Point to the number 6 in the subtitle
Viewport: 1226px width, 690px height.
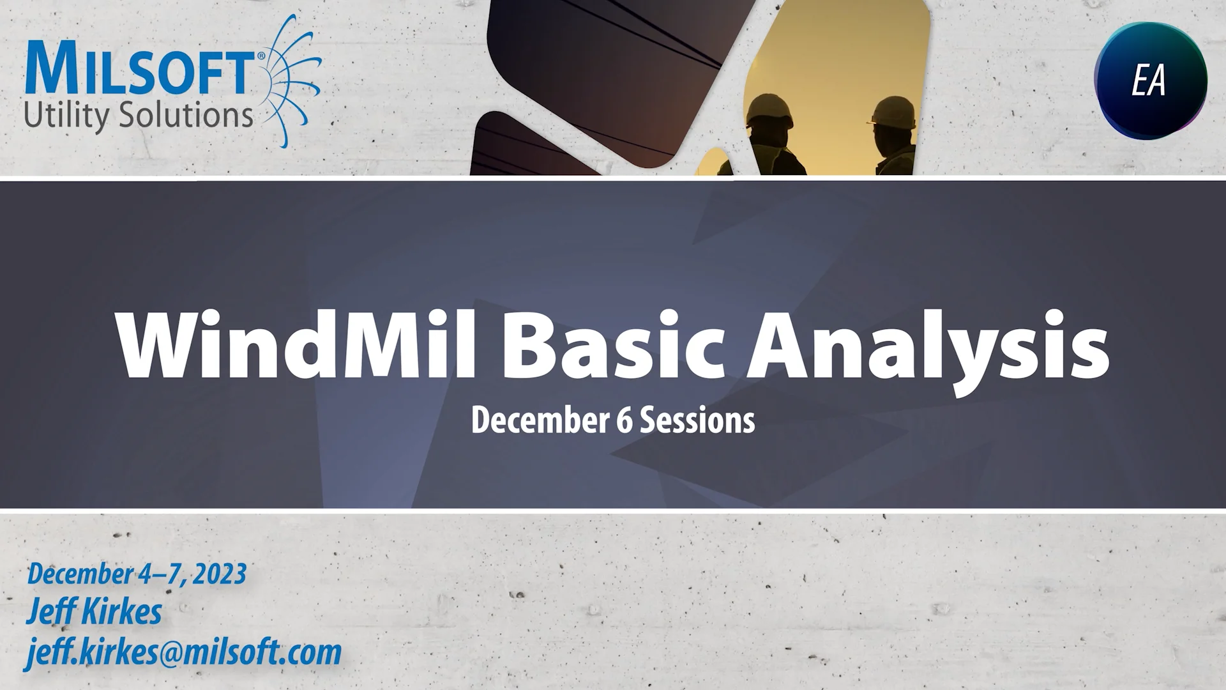point(624,420)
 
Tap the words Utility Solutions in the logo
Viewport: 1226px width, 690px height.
point(139,115)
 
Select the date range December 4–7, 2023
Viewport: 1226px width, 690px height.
point(136,573)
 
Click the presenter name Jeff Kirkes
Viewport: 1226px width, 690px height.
point(94,612)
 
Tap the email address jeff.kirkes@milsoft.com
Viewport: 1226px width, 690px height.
point(183,652)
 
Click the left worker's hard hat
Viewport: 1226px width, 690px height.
point(770,108)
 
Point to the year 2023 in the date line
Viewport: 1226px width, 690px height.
point(220,573)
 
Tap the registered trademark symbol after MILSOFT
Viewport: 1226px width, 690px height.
point(261,56)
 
